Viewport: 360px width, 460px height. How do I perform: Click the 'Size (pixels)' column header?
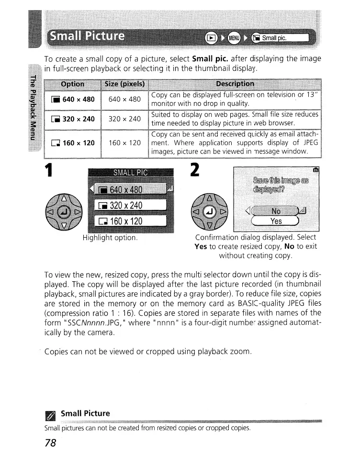(124, 84)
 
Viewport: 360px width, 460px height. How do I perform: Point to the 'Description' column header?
(235, 84)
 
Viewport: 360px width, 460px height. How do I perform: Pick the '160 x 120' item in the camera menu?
(130, 222)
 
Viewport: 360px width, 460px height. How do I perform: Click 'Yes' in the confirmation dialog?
(276, 221)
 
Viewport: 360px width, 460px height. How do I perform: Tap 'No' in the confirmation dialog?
(276, 210)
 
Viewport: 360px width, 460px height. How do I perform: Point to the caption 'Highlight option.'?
(110, 238)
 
